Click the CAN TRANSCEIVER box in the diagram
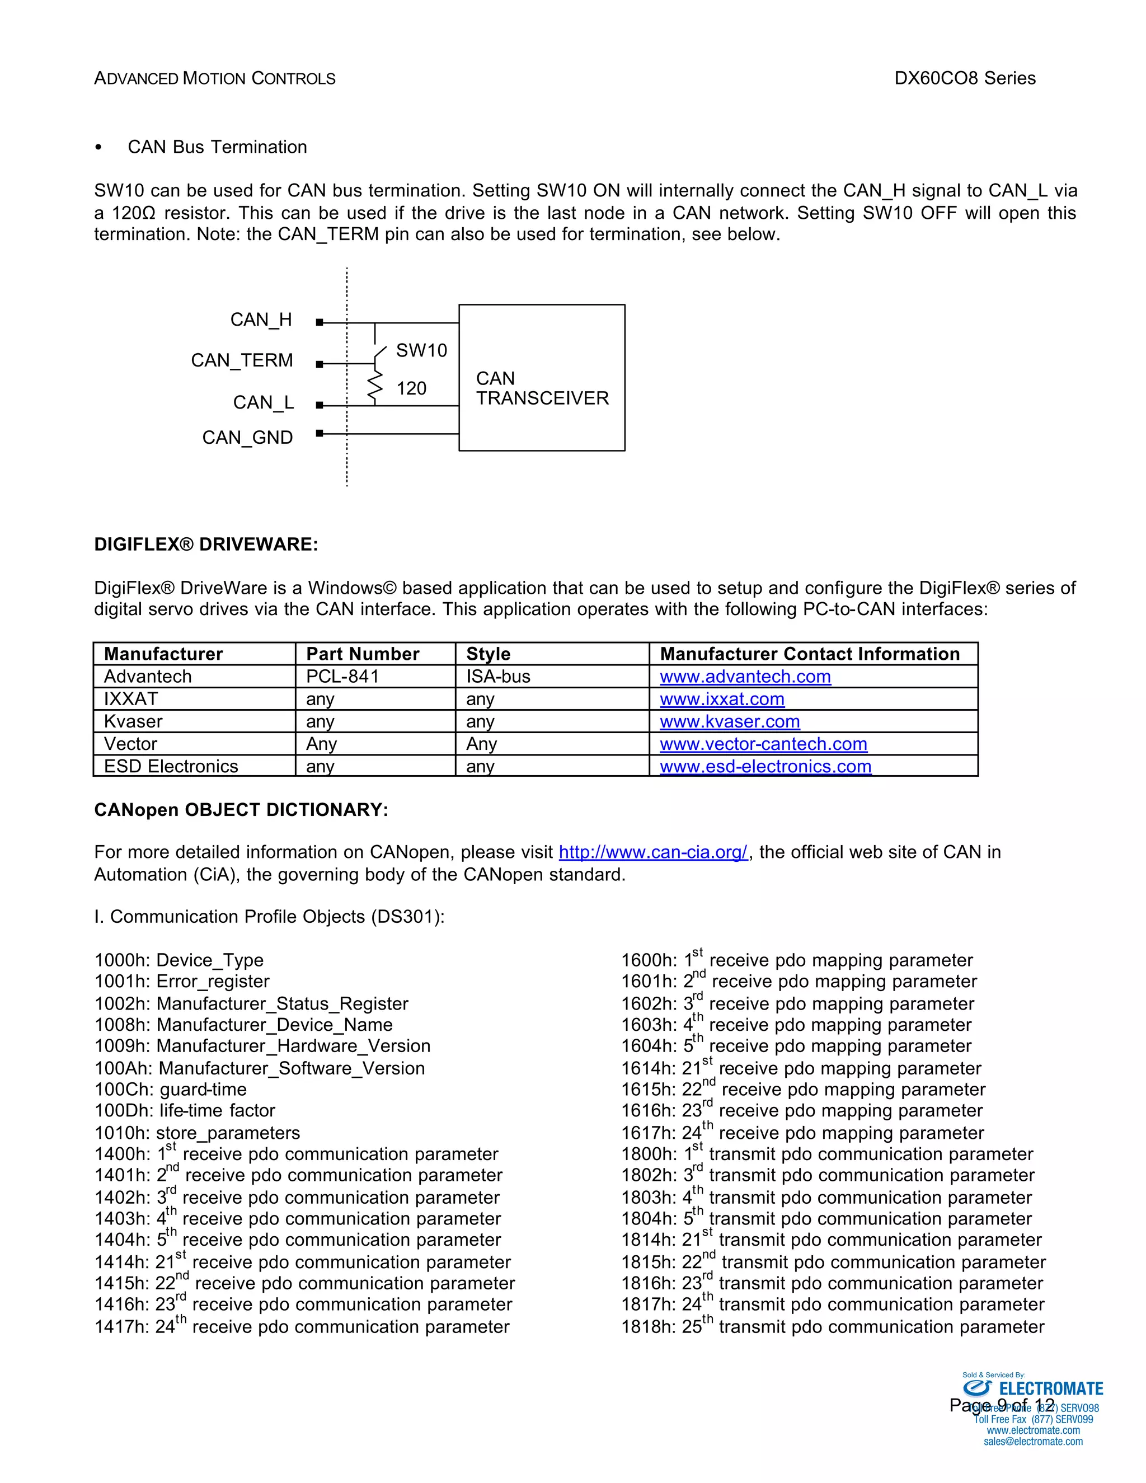pos(542,378)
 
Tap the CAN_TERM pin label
pos(242,360)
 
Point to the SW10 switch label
pos(421,350)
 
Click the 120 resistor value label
pos(411,388)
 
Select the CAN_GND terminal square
pos(320,433)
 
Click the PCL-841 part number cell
pos(342,677)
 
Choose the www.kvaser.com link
pos(730,721)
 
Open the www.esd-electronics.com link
pos(765,766)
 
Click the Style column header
pos(488,654)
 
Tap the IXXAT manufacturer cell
pos(131,699)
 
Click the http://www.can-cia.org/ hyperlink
pos(652,852)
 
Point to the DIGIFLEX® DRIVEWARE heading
pos(206,545)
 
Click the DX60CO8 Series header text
pos(965,78)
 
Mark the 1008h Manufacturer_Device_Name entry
pos(243,1025)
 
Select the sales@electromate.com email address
pos(1032,1442)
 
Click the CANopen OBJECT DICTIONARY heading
pos(241,810)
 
